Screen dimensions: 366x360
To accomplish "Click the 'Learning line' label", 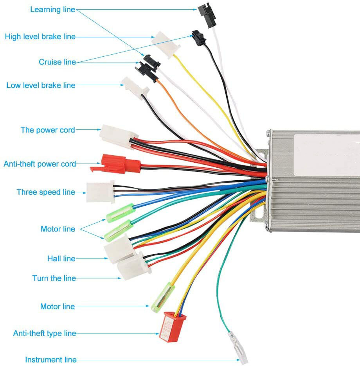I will pyautogui.click(x=52, y=10).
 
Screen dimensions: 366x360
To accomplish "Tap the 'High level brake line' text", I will pyautogui.click(x=40, y=37).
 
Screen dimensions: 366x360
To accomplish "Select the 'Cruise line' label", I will pyautogui.click(x=57, y=62).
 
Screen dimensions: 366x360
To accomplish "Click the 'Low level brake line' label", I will pyautogui.click(x=41, y=85).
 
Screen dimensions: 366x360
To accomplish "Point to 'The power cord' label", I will pyautogui.click(x=48, y=130).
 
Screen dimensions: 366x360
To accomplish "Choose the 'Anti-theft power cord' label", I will pyautogui.click(x=40, y=164).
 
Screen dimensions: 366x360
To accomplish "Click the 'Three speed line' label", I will pyautogui.click(x=45, y=192).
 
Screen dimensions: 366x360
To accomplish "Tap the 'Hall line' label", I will pyautogui.click(x=61, y=258).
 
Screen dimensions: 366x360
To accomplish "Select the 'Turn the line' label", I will pyautogui.click(x=54, y=278).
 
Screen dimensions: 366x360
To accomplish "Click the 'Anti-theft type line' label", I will pyautogui.click(x=45, y=334).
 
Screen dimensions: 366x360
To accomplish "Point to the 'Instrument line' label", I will pyautogui.click(x=51, y=360).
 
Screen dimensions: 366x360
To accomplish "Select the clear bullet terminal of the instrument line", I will pyautogui.click(x=238, y=347).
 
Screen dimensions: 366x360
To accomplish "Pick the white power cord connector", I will pyautogui.click(x=116, y=135).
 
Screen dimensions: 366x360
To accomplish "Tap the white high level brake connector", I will pyautogui.click(x=166, y=44).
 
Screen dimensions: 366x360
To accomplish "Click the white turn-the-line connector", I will pyautogui.click(x=133, y=266).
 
